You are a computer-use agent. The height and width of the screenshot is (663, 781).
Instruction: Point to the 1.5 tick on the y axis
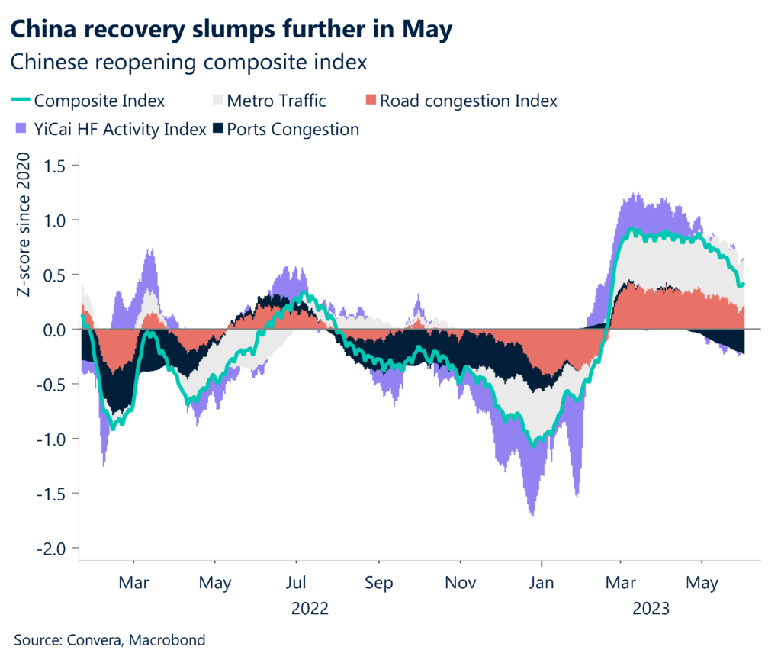coord(54,165)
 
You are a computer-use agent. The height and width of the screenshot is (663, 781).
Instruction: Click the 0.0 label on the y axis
coord(54,329)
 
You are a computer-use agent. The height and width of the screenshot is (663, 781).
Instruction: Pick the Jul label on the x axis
coord(296,584)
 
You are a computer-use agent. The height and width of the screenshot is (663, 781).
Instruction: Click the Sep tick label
coord(378,584)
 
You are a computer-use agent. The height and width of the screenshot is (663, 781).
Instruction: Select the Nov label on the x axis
coord(461,584)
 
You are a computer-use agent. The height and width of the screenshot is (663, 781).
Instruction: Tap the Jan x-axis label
coord(542,584)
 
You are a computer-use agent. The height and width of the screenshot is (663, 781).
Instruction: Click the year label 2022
coord(310,609)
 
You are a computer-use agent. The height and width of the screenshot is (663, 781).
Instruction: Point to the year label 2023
coord(650,609)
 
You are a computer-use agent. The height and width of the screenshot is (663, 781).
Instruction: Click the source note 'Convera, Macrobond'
coord(110,640)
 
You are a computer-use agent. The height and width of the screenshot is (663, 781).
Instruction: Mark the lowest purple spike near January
coord(532,514)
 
